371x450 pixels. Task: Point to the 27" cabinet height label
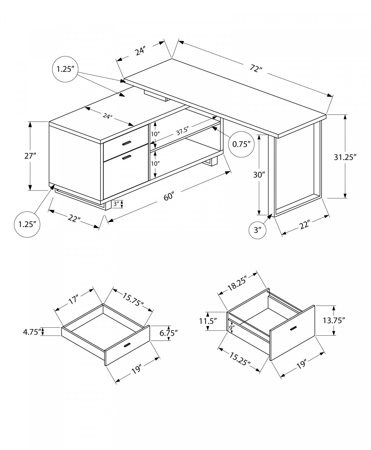click(30, 156)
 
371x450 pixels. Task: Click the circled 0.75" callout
click(241, 144)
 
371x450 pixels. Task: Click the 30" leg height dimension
click(258, 175)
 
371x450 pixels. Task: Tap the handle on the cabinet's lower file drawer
click(127, 157)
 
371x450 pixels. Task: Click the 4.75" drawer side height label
click(31, 332)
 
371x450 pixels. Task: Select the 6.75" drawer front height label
click(169, 333)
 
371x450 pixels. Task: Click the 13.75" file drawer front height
click(334, 320)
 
